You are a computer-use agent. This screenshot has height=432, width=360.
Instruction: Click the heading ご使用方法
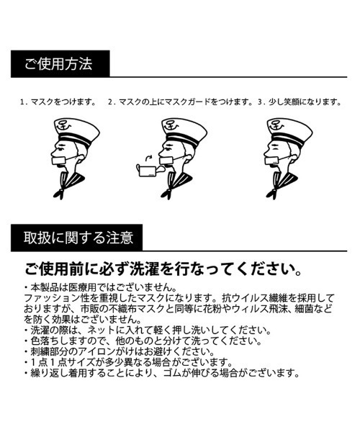58,64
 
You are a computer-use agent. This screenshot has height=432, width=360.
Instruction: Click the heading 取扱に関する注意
78,238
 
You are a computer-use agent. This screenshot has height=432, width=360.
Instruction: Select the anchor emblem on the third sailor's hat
277,125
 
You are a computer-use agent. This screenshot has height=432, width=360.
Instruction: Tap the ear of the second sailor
188,158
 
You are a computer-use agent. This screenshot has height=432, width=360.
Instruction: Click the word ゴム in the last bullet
172,373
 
